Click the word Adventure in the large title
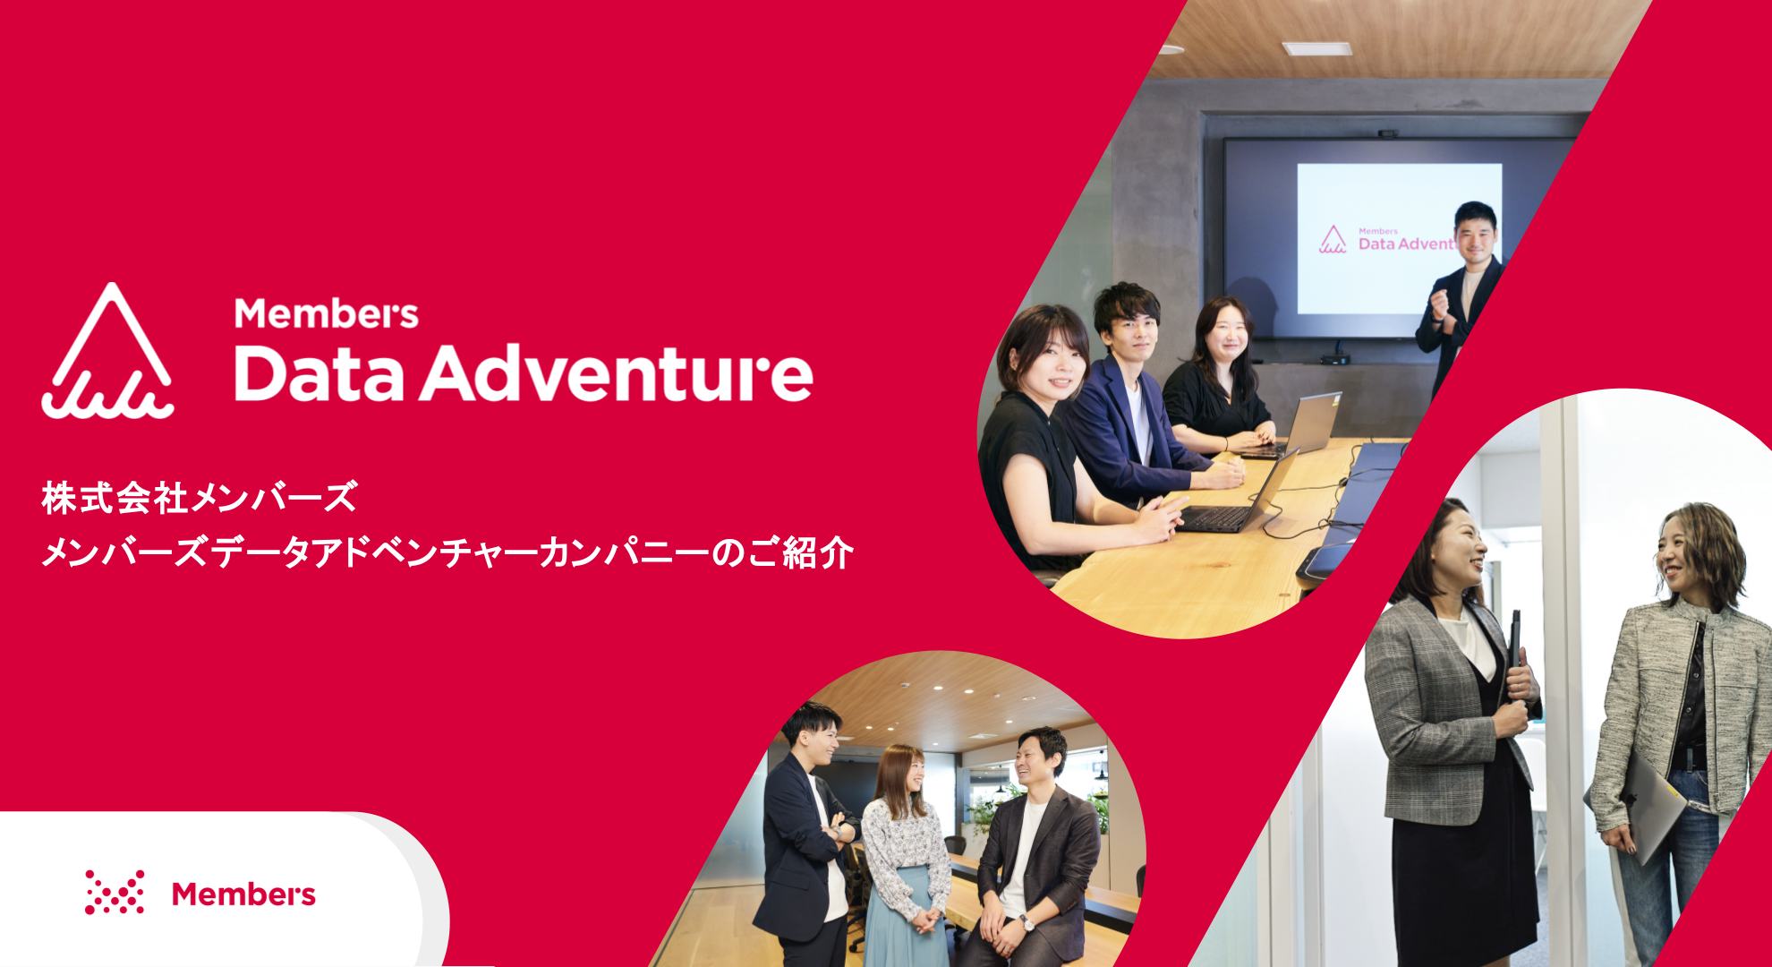[x=617, y=372]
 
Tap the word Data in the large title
[x=319, y=373]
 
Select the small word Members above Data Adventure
[x=326, y=313]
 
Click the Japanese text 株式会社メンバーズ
[x=200, y=498]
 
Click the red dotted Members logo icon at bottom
[x=115, y=892]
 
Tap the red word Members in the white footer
[x=243, y=894]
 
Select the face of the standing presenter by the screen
[x=1475, y=235]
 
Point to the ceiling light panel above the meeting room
[x=1316, y=48]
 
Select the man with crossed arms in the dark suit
[x=805, y=837]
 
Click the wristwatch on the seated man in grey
[x=1026, y=923]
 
